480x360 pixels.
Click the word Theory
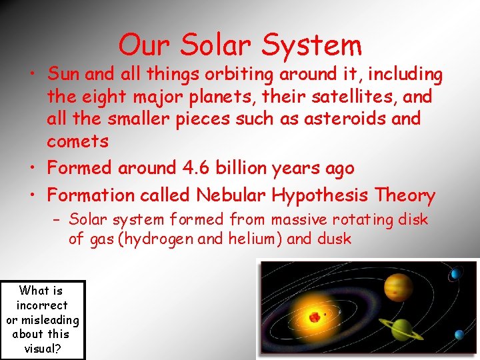click(x=405, y=195)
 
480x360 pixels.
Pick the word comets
click(x=77, y=141)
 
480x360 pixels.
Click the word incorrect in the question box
click(x=43, y=305)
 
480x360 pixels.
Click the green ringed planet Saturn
click(x=402, y=327)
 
